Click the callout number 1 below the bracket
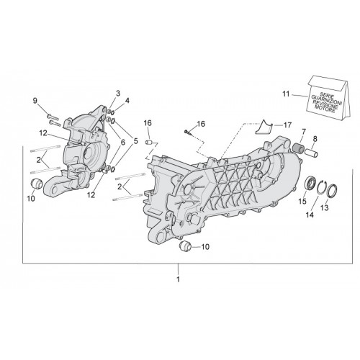pos(178,279)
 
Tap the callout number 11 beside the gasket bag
pos(286,94)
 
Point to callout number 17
pos(287,125)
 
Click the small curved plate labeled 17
pos(264,127)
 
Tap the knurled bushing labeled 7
pos(299,147)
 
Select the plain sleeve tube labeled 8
pos(312,153)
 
